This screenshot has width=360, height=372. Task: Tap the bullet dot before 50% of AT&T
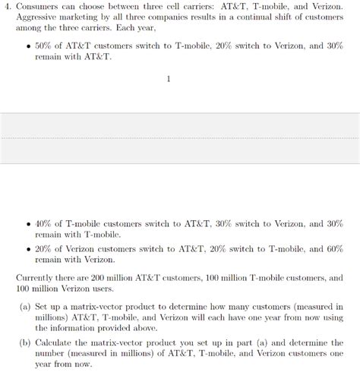(28, 46)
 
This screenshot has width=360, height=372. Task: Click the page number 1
(179, 78)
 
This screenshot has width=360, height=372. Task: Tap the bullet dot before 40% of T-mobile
(28, 225)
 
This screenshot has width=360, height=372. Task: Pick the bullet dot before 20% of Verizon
(28, 249)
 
